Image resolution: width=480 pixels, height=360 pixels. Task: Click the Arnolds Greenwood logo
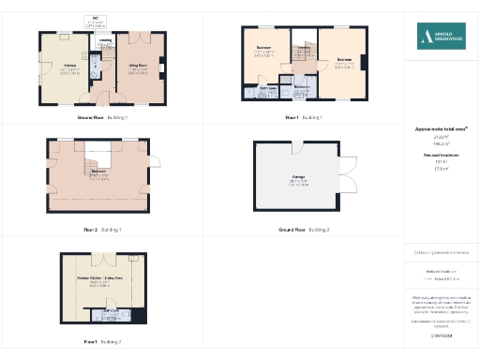point(441,37)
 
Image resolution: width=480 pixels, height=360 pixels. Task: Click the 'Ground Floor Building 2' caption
point(292,229)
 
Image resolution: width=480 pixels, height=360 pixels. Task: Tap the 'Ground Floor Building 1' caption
point(102,118)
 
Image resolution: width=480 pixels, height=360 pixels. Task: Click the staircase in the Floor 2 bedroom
point(97,156)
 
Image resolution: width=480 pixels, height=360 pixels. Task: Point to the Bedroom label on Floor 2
point(97,172)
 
